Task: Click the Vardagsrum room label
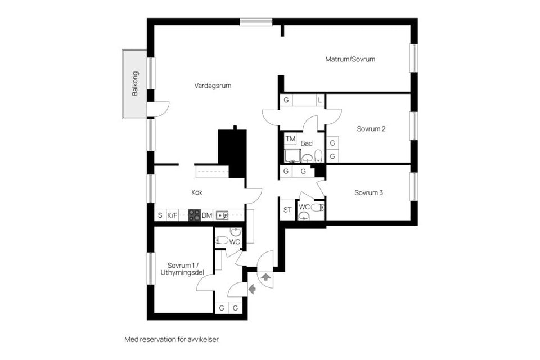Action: (213, 86)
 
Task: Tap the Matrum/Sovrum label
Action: (350, 59)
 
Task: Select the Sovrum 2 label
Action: (371, 129)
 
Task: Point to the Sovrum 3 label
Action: (368, 193)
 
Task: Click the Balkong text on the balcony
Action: (135, 84)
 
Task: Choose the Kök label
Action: (197, 192)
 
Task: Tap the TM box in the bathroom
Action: (290, 138)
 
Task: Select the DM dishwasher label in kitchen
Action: (207, 215)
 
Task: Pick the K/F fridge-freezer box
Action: (172, 215)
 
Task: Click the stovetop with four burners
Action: (194, 215)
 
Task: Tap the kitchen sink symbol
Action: (222, 215)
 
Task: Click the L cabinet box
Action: (319, 101)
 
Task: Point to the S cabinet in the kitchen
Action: (160, 215)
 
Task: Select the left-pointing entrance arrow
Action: (252, 289)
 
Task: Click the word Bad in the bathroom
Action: (307, 143)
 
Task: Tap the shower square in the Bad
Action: (291, 156)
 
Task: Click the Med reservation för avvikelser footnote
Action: (172, 340)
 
